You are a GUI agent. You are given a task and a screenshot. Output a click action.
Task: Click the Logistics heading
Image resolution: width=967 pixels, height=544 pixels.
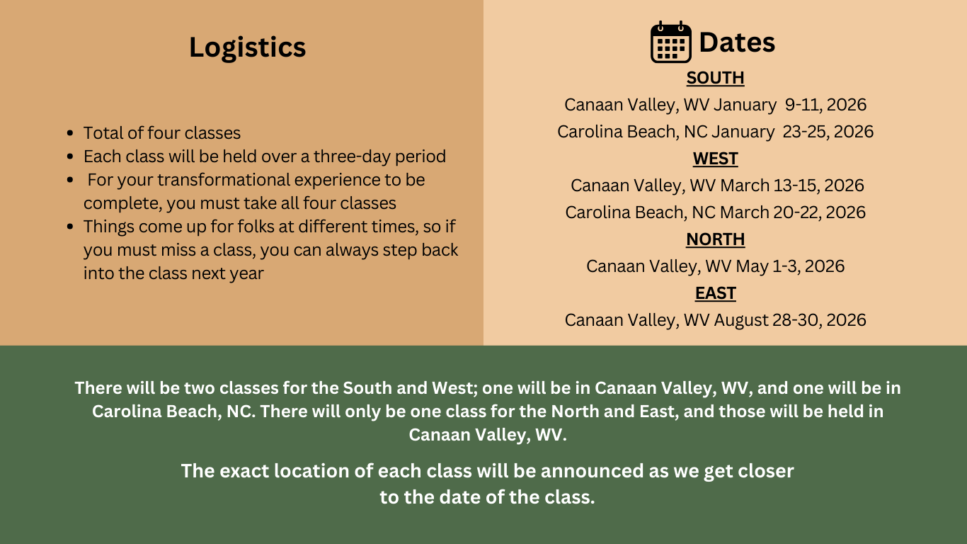pyautogui.click(x=247, y=47)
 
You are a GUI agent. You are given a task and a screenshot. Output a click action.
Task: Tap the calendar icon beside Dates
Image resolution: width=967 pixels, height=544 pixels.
pyautogui.click(x=671, y=42)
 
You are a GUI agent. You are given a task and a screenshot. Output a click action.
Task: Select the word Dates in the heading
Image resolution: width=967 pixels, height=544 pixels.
pyautogui.click(x=737, y=42)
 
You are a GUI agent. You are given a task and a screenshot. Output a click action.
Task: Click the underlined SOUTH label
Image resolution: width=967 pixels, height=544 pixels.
pyautogui.click(x=715, y=78)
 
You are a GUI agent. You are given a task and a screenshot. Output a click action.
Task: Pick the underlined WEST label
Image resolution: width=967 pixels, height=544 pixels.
pyautogui.click(x=715, y=159)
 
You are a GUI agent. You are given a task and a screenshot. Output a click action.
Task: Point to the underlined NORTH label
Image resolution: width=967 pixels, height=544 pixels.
pyautogui.click(x=715, y=239)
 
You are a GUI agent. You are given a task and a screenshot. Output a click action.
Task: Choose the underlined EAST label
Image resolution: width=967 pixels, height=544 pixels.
pyautogui.click(x=715, y=293)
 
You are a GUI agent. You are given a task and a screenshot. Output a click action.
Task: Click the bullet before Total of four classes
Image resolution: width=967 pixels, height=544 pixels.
pyautogui.click(x=70, y=132)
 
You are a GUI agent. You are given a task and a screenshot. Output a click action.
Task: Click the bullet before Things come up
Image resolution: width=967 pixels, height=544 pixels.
pyautogui.click(x=70, y=227)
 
